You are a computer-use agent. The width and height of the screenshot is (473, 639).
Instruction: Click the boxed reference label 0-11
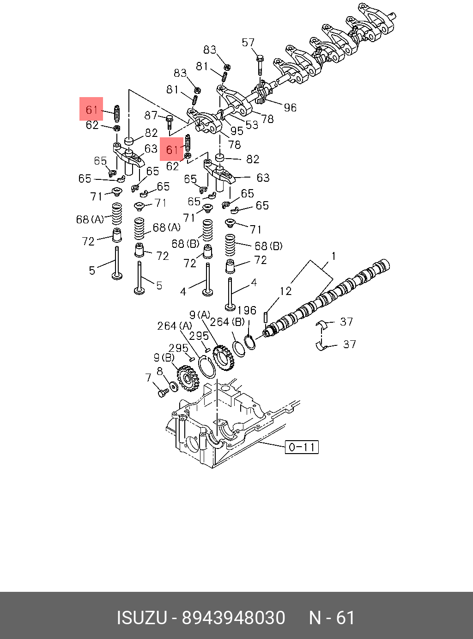click(302, 447)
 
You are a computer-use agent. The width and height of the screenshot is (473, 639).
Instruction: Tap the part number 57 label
click(248, 43)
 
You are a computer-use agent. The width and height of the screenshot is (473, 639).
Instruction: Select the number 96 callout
click(290, 108)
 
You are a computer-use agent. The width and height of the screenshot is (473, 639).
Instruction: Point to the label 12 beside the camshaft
click(285, 291)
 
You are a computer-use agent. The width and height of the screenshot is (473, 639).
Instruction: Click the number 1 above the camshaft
click(333, 256)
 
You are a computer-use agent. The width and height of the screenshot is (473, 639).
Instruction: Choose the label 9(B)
click(164, 358)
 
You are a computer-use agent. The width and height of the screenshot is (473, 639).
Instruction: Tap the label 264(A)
click(174, 326)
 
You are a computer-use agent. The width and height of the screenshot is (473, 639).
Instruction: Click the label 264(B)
click(227, 321)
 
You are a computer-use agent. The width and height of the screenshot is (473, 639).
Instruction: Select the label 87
click(151, 116)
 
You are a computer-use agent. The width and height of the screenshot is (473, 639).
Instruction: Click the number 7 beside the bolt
click(148, 378)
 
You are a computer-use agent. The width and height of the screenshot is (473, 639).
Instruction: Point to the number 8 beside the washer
click(160, 372)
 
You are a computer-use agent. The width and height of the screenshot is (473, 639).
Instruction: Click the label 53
click(252, 125)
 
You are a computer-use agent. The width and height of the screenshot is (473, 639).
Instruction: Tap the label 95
click(236, 131)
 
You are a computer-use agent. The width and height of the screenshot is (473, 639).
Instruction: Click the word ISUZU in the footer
click(141, 618)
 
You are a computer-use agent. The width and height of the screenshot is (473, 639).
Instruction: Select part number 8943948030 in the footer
click(233, 618)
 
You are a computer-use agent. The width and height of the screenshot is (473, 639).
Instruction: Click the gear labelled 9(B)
click(188, 378)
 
